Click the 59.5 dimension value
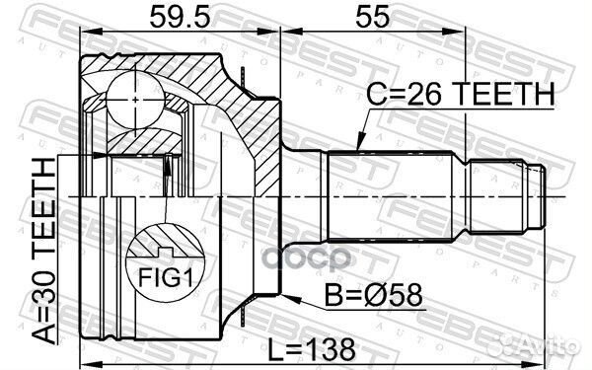point(179,17)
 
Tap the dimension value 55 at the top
point(411,17)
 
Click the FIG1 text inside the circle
point(166,277)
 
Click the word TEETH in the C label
point(502,96)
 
